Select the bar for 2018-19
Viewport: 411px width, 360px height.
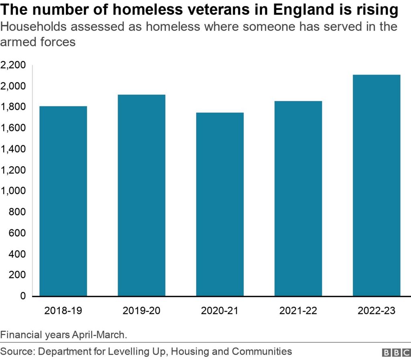pyautogui.click(x=63, y=201)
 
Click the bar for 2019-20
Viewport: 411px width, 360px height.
pyautogui.click(x=141, y=195)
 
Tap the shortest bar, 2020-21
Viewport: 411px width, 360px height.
pyautogui.click(x=220, y=204)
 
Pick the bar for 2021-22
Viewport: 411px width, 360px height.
pyautogui.click(x=298, y=199)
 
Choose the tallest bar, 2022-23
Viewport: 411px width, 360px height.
pyautogui.click(x=376, y=185)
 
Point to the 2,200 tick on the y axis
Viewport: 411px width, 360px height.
pyautogui.click(x=14, y=65)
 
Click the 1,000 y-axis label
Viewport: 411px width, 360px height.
pyautogui.click(x=14, y=191)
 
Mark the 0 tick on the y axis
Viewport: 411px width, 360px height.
pyautogui.click(x=23, y=296)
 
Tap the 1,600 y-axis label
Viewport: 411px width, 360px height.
pyautogui.click(x=14, y=128)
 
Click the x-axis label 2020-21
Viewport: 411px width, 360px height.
pyautogui.click(x=220, y=311)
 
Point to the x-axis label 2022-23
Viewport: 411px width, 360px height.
pyautogui.click(x=376, y=311)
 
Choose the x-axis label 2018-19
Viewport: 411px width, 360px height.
pyautogui.click(x=63, y=311)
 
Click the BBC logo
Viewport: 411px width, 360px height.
pyautogui.click(x=395, y=352)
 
